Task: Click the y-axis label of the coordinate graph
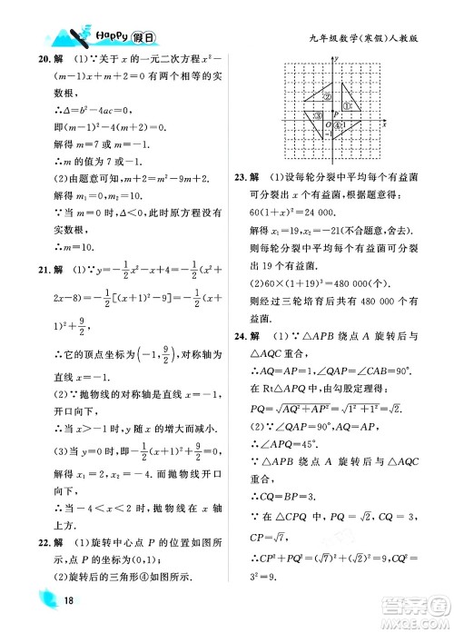[x=339, y=58]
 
